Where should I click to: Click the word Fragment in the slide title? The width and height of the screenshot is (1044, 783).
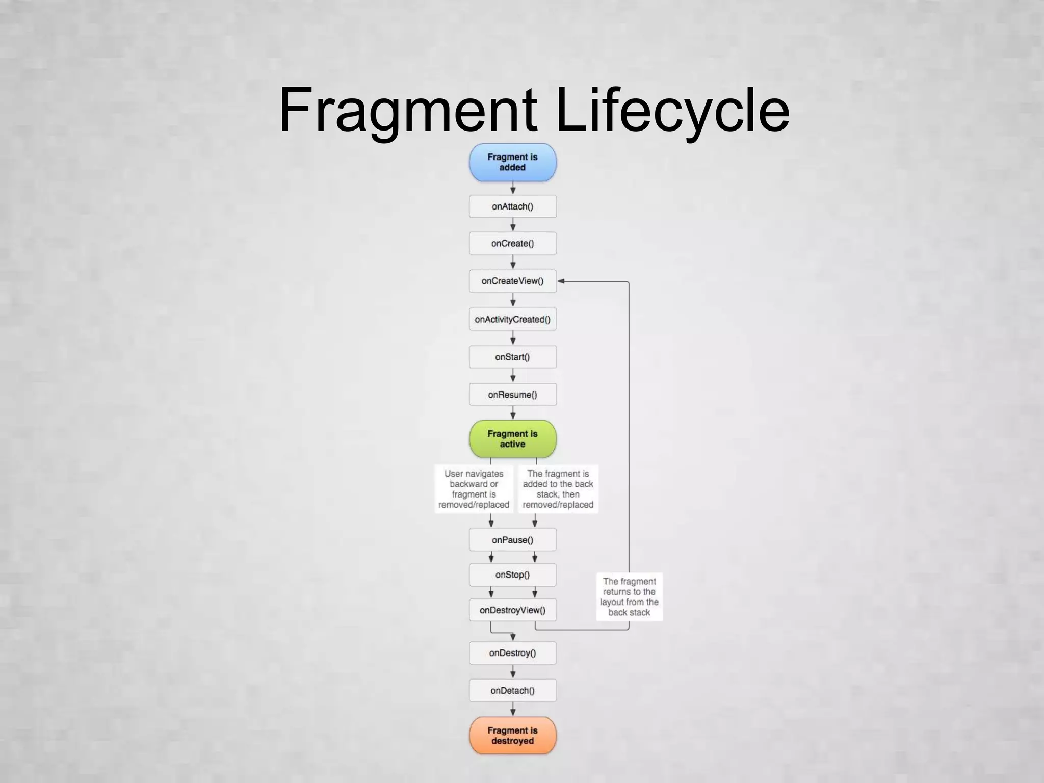[x=408, y=110]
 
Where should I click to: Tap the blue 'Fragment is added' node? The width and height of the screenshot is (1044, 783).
[x=512, y=162]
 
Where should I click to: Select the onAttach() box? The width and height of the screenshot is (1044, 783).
[x=512, y=206]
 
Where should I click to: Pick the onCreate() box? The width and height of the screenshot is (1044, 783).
[x=512, y=244]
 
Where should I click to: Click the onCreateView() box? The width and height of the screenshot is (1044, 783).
[x=512, y=281]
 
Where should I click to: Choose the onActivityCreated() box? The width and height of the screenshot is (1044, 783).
[x=512, y=319]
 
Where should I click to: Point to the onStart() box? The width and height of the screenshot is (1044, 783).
[x=512, y=357]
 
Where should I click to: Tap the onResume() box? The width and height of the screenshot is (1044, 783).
[x=512, y=395]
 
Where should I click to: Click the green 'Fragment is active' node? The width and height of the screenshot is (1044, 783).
[x=512, y=439]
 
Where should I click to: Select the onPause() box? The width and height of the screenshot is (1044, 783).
[x=512, y=540]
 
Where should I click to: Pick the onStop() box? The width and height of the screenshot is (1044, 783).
[x=512, y=575]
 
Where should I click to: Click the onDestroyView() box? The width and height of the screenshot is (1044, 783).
[x=512, y=610]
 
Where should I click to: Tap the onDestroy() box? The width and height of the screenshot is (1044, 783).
[x=512, y=653]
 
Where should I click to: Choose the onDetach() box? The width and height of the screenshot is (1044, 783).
[x=512, y=691]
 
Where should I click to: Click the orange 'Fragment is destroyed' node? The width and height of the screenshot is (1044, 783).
[x=512, y=736]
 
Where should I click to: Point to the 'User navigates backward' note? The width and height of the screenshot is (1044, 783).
[x=474, y=489]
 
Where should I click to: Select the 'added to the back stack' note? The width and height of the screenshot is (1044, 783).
[x=558, y=489]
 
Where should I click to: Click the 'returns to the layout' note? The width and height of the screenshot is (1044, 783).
[x=629, y=596]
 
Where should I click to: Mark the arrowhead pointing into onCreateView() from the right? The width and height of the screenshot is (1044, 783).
[x=561, y=281]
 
